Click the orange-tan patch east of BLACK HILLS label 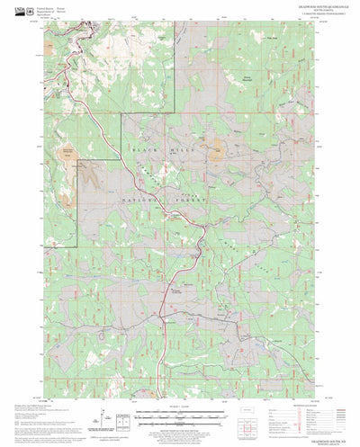(x=217, y=153)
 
